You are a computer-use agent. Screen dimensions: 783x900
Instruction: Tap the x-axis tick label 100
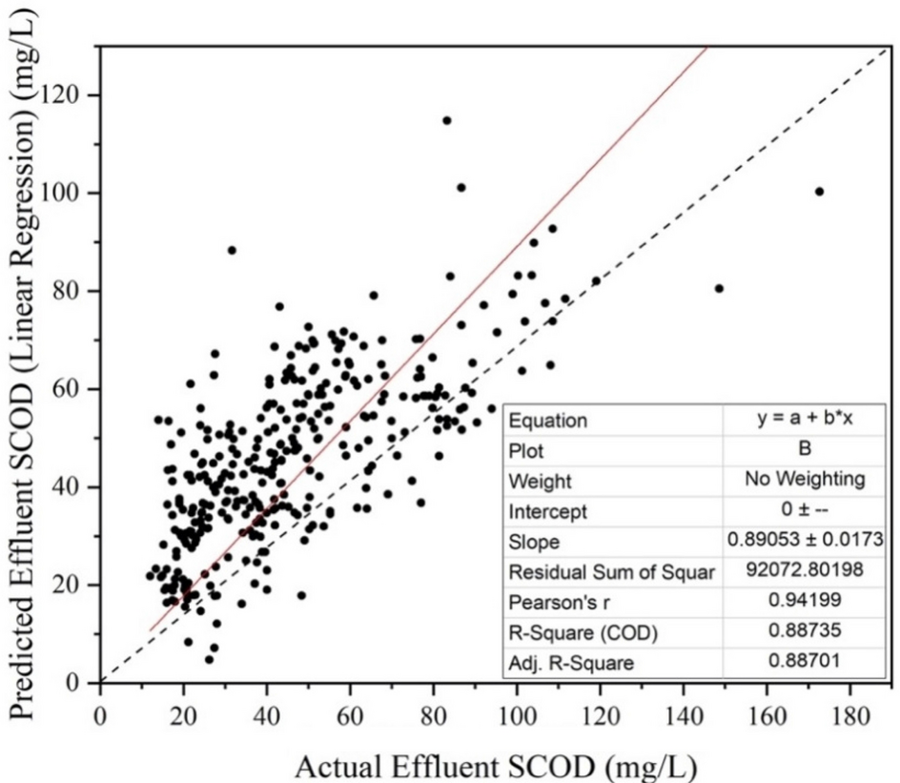click(x=516, y=716)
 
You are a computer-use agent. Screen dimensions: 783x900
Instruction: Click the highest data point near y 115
click(x=446, y=120)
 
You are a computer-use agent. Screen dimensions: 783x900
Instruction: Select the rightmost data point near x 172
click(x=819, y=192)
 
